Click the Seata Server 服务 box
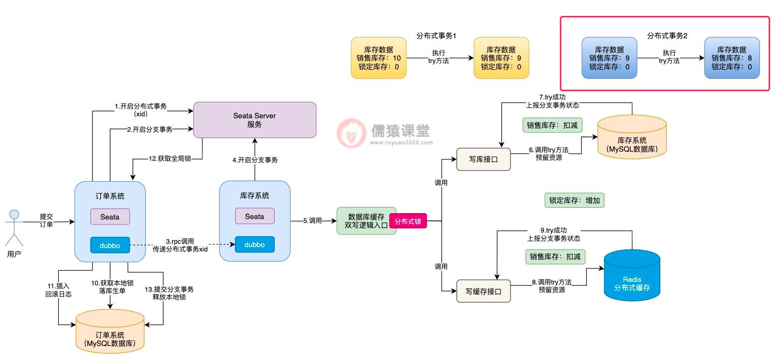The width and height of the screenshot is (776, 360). (255, 120)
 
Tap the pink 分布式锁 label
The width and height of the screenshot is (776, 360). (408, 221)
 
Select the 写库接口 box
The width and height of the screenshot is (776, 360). (483, 159)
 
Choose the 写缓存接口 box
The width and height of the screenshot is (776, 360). (483, 291)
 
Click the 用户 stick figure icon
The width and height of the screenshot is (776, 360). (14, 227)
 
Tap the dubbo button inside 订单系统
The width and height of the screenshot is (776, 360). (110, 245)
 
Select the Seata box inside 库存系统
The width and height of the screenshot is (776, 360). (255, 216)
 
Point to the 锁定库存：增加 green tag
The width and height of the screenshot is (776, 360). (574, 200)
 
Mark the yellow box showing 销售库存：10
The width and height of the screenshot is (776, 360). (379, 58)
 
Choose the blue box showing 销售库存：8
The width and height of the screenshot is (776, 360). (731, 58)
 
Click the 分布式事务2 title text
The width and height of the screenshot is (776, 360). (667, 35)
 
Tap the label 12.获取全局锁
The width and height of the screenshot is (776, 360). (170, 158)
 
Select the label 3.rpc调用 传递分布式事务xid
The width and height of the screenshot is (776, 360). (180, 245)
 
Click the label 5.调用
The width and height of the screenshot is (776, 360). (312, 220)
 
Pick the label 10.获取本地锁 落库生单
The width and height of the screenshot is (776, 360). (112, 287)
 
